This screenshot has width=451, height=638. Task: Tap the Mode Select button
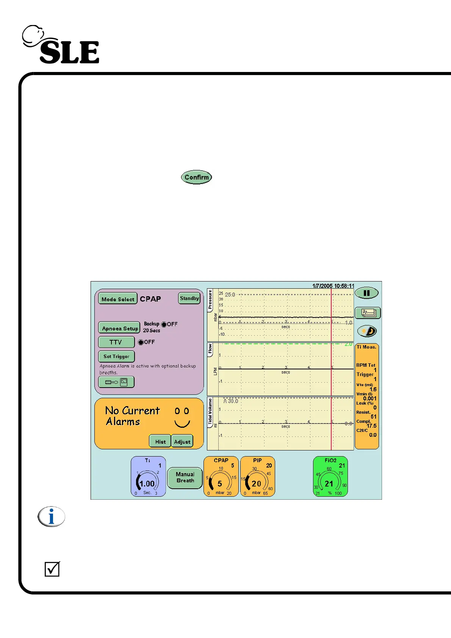[x=117, y=299]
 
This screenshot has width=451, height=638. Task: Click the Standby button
[x=189, y=298]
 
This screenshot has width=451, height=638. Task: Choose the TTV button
[x=116, y=342]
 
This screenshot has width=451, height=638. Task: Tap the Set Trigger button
[x=116, y=356]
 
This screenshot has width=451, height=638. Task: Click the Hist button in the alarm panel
[x=160, y=441]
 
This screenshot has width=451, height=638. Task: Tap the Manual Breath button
[x=185, y=477]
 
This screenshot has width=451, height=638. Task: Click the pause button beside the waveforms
[x=366, y=293]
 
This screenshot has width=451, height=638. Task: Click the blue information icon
[x=52, y=516]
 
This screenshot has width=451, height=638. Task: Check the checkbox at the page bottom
[x=52, y=569]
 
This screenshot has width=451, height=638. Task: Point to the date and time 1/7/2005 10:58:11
[x=333, y=286]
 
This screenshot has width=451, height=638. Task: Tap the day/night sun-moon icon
[x=367, y=331]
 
